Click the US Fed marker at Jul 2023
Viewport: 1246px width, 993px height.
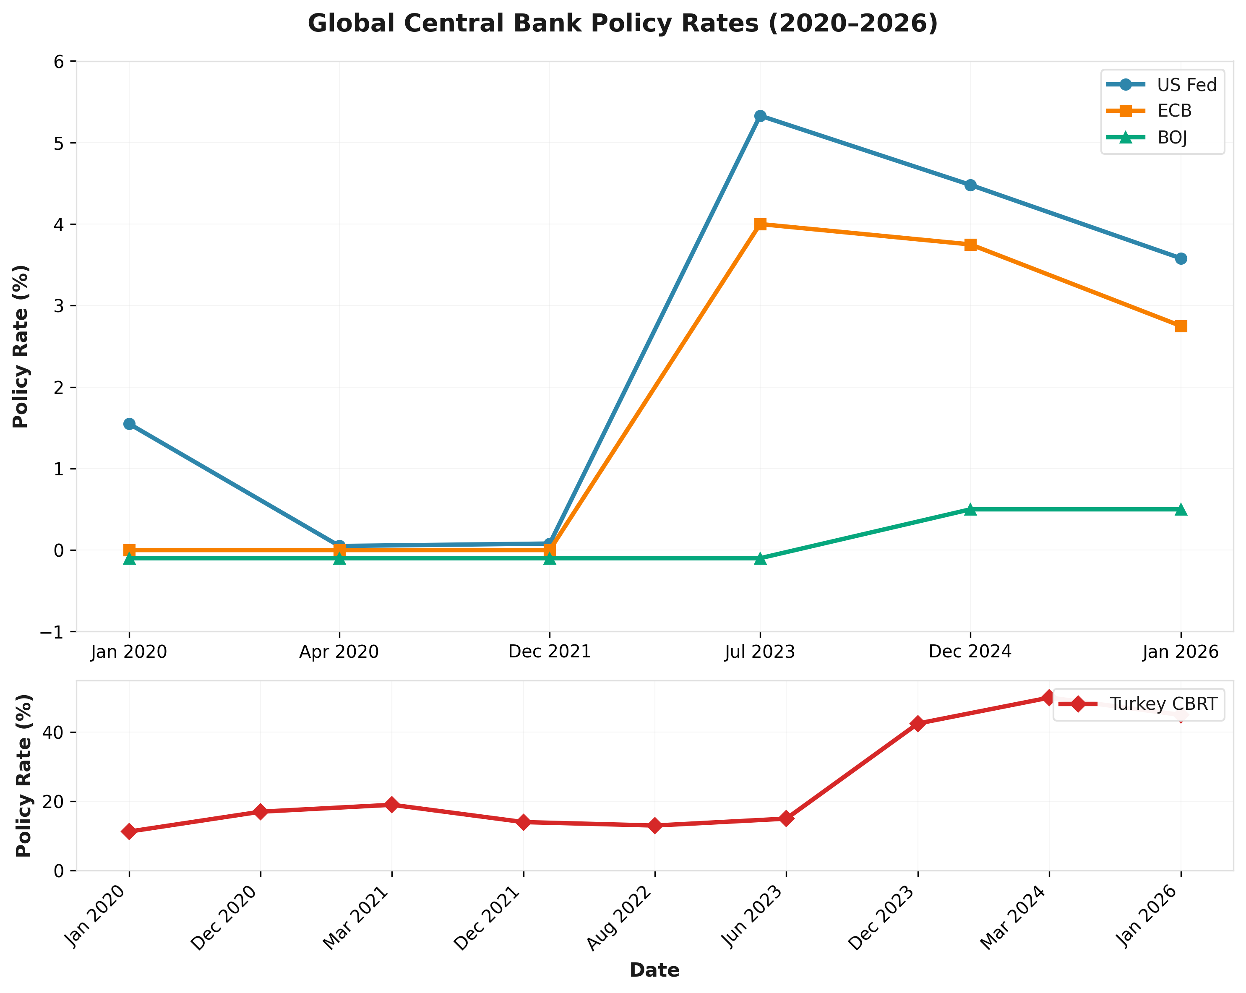pos(760,116)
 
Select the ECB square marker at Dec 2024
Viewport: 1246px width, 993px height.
pos(970,245)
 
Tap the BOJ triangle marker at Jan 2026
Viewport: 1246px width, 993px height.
pos(1181,509)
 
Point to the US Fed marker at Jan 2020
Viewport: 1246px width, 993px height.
pos(130,424)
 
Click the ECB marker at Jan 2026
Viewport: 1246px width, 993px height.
pos(1181,326)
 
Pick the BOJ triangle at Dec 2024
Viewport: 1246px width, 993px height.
pos(970,509)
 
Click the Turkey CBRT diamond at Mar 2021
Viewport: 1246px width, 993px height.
pos(392,805)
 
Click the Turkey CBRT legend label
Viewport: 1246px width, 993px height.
pos(1163,704)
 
